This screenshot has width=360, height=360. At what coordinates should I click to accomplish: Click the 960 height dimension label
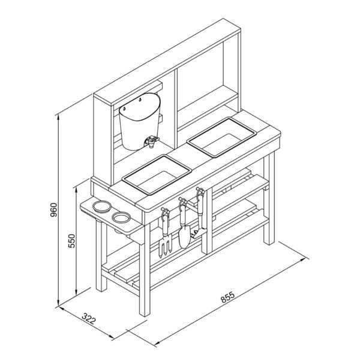click(53, 210)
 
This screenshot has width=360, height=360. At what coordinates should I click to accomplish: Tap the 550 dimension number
click(72, 241)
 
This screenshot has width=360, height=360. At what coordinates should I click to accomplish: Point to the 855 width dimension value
click(228, 297)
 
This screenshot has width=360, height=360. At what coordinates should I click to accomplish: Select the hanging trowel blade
click(184, 237)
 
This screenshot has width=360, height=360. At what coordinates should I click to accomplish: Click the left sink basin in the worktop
click(157, 175)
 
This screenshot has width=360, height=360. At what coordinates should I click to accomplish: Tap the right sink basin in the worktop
click(221, 137)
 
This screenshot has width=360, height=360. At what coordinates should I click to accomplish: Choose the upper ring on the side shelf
click(102, 206)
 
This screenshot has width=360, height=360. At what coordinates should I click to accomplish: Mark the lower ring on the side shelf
click(121, 217)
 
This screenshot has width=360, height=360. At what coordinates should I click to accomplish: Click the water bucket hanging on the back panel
click(139, 121)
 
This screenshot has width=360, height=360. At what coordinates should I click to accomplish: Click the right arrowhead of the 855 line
click(304, 260)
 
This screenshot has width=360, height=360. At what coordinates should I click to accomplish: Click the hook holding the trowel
click(182, 201)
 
